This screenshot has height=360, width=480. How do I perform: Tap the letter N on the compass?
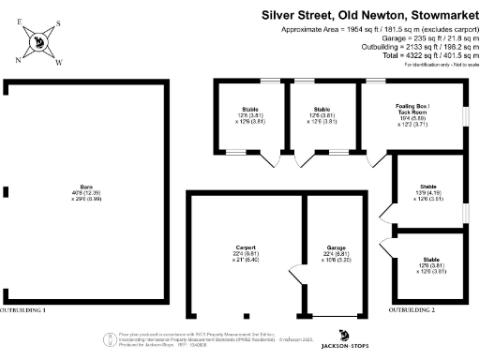click(x=18, y=58)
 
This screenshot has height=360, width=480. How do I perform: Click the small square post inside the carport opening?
click(x=246, y=314)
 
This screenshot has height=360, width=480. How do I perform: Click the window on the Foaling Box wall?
click(x=466, y=116)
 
